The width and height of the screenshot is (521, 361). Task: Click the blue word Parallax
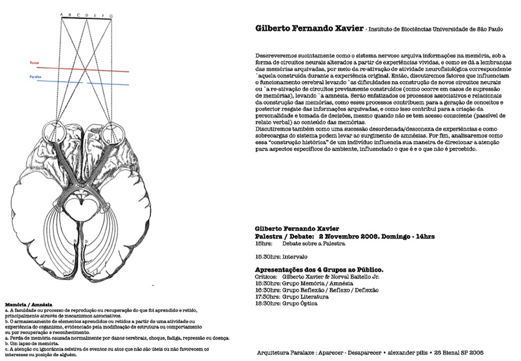click(x=35, y=77)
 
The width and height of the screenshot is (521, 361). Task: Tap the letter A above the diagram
click(x=61, y=14)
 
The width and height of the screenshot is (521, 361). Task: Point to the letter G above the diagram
click(x=111, y=14)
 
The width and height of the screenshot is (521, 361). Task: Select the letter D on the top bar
click(x=87, y=14)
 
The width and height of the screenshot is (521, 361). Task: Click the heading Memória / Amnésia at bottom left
click(x=28, y=305)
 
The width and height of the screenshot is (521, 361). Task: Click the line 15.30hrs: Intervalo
click(x=281, y=256)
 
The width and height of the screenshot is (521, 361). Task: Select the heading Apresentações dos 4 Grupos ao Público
click(x=319, y=270)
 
